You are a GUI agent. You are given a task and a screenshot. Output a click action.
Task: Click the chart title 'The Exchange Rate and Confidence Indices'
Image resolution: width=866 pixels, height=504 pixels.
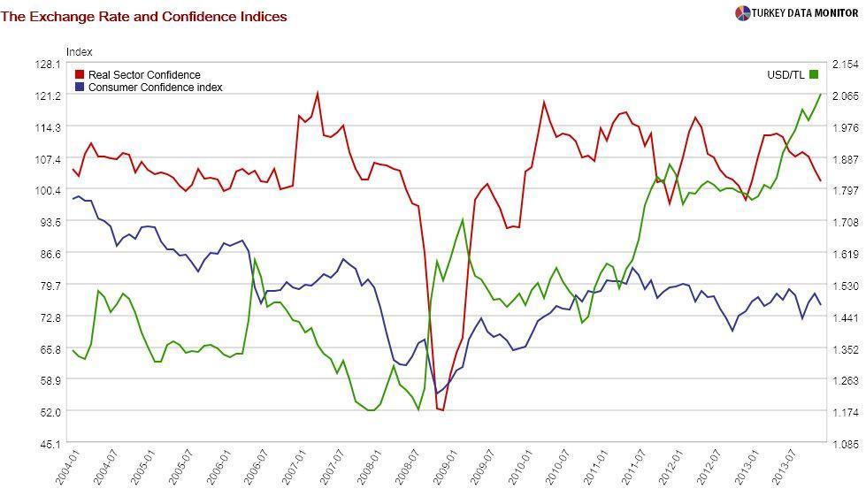143,16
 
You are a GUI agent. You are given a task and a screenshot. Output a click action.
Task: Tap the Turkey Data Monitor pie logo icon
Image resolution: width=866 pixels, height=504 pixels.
741,12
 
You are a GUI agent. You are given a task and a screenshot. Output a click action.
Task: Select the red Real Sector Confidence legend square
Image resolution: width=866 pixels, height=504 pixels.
80,75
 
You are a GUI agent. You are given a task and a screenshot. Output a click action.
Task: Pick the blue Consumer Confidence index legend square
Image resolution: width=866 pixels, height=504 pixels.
80,88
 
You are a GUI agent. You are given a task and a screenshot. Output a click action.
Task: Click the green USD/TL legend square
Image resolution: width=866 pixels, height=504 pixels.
814,75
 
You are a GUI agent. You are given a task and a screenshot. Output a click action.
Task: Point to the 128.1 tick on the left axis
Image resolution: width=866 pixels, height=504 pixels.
48,65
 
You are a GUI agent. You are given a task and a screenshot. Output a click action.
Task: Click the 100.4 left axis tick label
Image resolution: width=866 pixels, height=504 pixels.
48,190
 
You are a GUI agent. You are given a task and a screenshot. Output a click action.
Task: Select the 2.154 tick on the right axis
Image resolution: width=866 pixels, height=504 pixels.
847,65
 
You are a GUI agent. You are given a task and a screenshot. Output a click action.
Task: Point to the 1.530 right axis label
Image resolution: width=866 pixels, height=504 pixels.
847,286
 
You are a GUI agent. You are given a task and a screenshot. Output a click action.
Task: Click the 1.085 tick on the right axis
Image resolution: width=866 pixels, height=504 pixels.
847,443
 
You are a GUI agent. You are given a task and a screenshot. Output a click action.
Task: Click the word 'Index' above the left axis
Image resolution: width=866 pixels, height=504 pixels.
79,52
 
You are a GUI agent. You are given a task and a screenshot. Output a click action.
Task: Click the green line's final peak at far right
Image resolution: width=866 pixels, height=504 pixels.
821,94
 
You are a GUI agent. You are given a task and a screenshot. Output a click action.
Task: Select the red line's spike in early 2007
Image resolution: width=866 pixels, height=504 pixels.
318,93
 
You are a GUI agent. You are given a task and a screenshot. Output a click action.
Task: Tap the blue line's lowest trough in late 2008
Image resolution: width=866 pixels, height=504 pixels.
436,393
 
